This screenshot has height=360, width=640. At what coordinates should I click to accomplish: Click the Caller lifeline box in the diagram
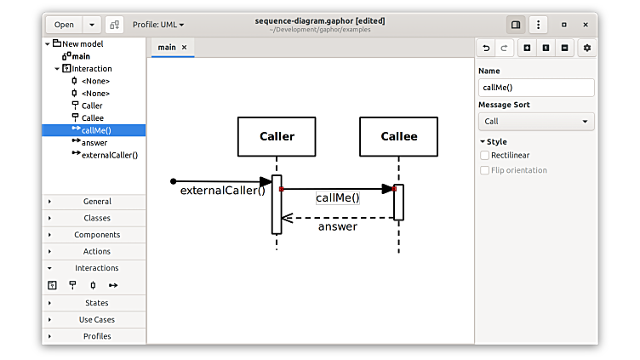(x=277, y=136)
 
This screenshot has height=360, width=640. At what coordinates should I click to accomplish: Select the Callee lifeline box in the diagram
(x=398, y=136)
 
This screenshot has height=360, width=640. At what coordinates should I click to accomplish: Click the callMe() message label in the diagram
(x=338, y=197)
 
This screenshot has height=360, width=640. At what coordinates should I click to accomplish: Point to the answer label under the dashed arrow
(x=338, y=226)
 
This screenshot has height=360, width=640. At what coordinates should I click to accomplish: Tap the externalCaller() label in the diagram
(x=223, y=191)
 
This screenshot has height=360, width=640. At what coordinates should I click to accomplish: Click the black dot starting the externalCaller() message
(x=174, y=181)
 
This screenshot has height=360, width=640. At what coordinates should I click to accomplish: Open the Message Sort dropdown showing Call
(x=536, y=122)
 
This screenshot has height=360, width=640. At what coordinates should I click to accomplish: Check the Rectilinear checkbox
(x=485, y=156)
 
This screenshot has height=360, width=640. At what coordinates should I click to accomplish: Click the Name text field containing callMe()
(x=536, y=87)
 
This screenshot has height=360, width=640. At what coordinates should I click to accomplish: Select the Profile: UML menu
(x=158, y=25)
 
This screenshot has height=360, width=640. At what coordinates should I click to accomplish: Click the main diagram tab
(x=167, y=48)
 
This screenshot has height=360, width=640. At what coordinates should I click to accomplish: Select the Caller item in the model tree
(x=92, y=106)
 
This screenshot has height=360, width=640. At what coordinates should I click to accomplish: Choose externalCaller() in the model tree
(x=109, y=155)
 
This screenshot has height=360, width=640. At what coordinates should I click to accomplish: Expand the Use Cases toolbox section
(x=96, y=319)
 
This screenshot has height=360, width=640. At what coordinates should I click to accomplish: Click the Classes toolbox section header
(x=96, y=218)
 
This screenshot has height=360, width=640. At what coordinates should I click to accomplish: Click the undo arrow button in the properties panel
(x=486, y=48)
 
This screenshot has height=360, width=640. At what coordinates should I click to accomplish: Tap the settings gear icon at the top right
(x=586, y=48)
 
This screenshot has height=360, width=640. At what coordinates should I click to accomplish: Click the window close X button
(x=586, y=25)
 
